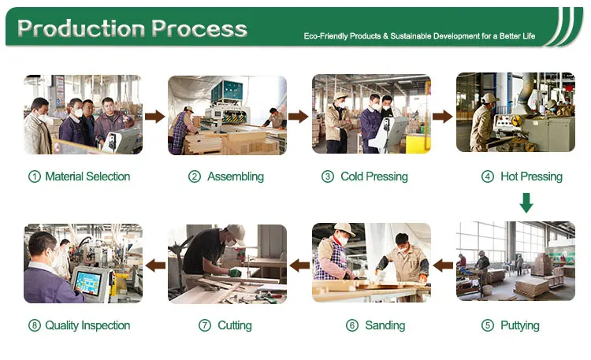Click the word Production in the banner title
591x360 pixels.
(81, 28)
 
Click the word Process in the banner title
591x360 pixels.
(199, 28)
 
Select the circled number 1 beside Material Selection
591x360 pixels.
(35, 176)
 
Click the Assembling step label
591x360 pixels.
(236, 176)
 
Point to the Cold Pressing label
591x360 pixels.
(374, 176)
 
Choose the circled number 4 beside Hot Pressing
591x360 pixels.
(488, 176)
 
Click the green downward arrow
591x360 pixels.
(526, 202)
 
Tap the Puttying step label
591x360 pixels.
(520, 325)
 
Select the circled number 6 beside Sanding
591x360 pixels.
(352, 325)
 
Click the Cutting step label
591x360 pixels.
(235, 325)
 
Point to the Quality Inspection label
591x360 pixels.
(87, 325)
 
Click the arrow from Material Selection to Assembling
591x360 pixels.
(155, 117)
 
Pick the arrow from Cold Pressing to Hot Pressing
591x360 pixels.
(443, 117)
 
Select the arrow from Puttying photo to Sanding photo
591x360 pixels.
(443, 265)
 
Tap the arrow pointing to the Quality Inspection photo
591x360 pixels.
(155, 265)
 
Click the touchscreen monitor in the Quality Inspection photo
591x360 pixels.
(87, 283)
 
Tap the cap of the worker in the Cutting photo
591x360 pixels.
(236, 233)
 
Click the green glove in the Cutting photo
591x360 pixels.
(235, 273)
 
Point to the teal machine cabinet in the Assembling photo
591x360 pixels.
(226, 91)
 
